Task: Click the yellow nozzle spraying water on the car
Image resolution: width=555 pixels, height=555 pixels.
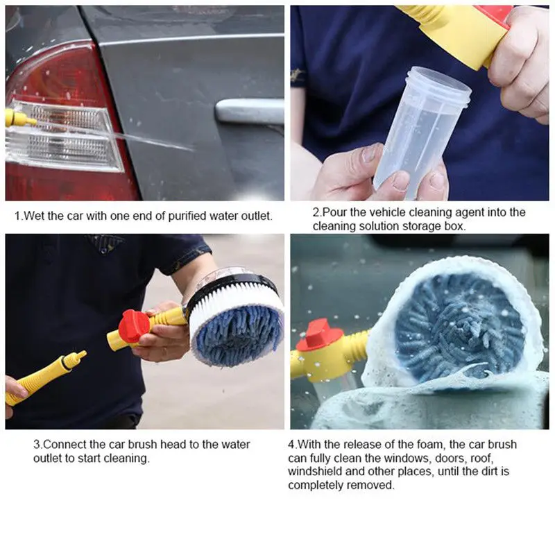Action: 18,118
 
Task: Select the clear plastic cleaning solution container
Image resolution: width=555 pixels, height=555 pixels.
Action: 420,132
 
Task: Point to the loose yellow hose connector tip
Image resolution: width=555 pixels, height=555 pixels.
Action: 72,359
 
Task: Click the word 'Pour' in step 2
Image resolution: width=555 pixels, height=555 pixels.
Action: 332,212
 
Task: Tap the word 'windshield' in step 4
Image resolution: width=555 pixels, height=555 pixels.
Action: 314,472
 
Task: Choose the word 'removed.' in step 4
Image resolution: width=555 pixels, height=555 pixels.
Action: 371,485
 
